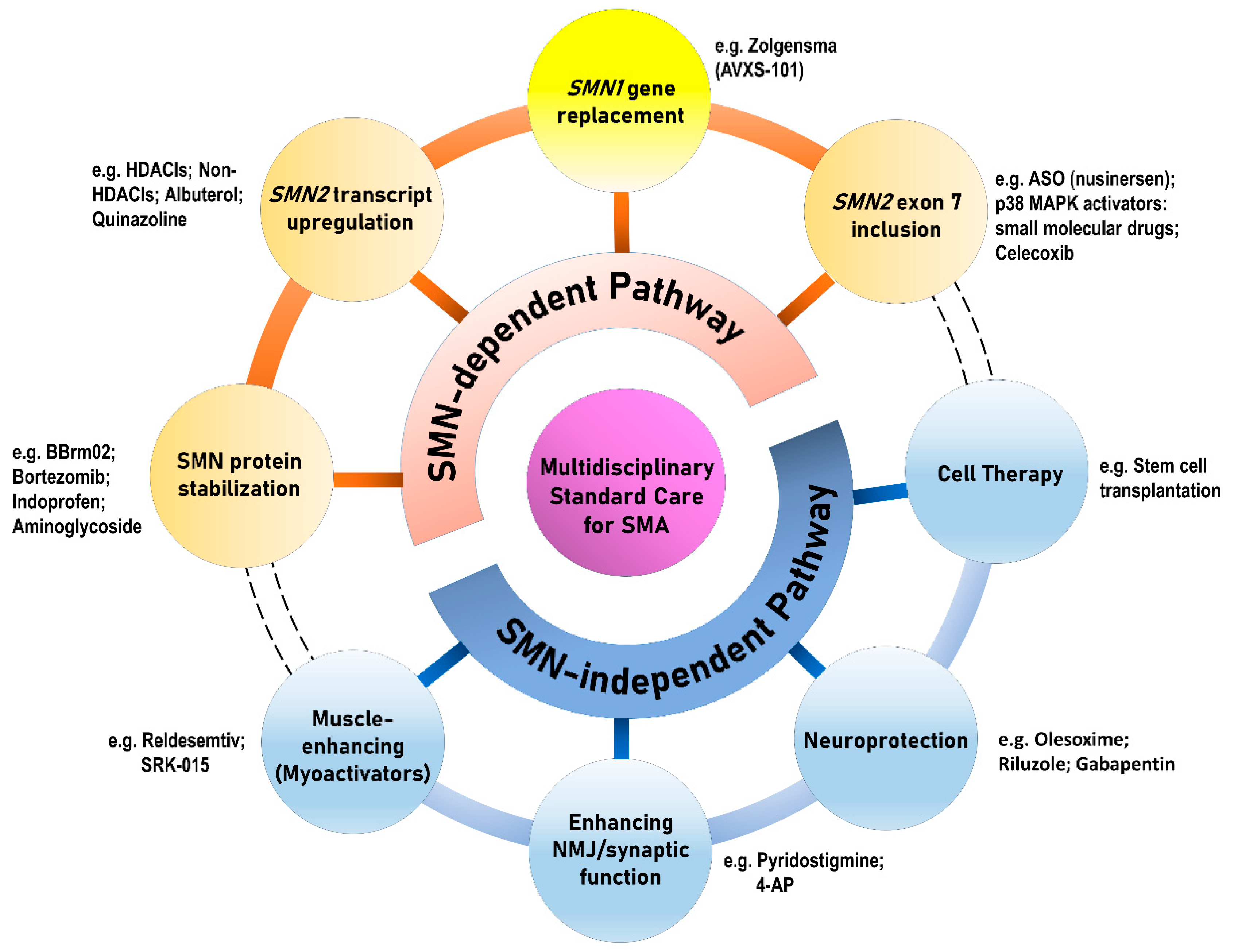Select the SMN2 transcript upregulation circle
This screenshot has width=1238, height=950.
352,209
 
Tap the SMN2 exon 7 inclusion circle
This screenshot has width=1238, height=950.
896,212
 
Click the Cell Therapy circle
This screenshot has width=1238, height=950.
997,472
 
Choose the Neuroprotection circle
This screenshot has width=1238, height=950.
886,738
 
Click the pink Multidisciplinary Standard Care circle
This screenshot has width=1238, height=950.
626,482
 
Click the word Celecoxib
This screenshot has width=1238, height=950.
1034,253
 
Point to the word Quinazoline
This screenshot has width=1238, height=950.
139,219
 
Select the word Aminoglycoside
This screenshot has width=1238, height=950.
77,526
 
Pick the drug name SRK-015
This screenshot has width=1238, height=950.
175,765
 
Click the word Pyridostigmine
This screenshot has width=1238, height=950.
820,861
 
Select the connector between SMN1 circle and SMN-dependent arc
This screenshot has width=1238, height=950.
621,222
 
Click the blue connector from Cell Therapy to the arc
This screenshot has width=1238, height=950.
879,493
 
